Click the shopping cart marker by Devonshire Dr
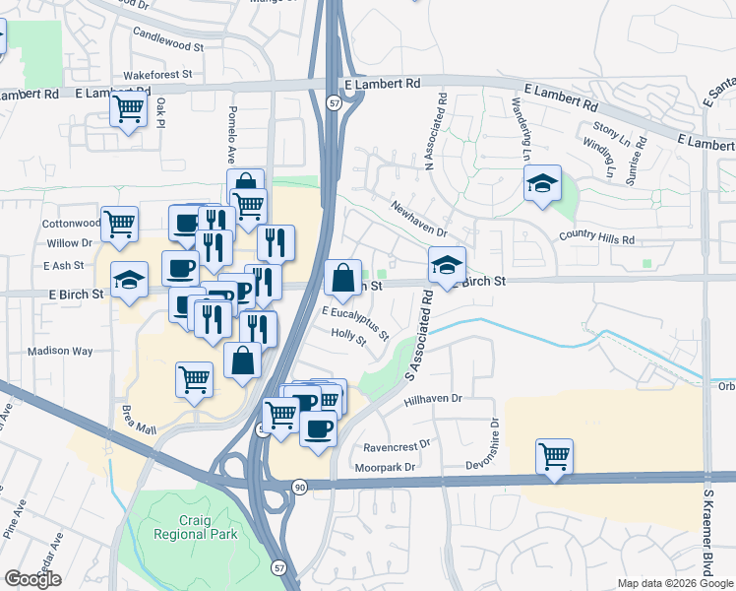[x=555, y=456]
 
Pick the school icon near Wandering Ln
[x=542, y=183]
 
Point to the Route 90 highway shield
[x=299, y=486]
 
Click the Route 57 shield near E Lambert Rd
[x=334, y=102]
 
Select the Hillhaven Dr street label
[x=433, y=401]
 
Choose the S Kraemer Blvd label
[x=706, y=532]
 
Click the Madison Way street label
[x=60, y=351]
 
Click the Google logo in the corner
[x=33, y=579]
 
